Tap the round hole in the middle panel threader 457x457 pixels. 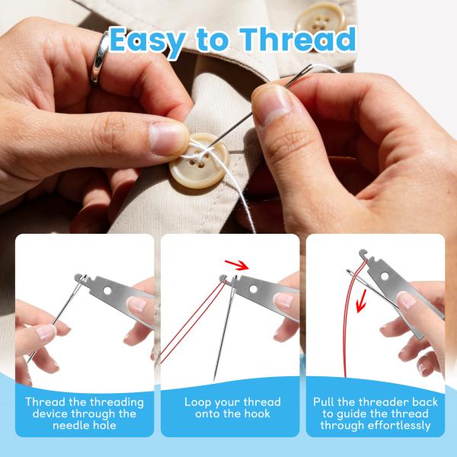point(257,290)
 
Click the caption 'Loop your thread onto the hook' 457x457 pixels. point(232,407)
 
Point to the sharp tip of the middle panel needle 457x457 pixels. point(216,376)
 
